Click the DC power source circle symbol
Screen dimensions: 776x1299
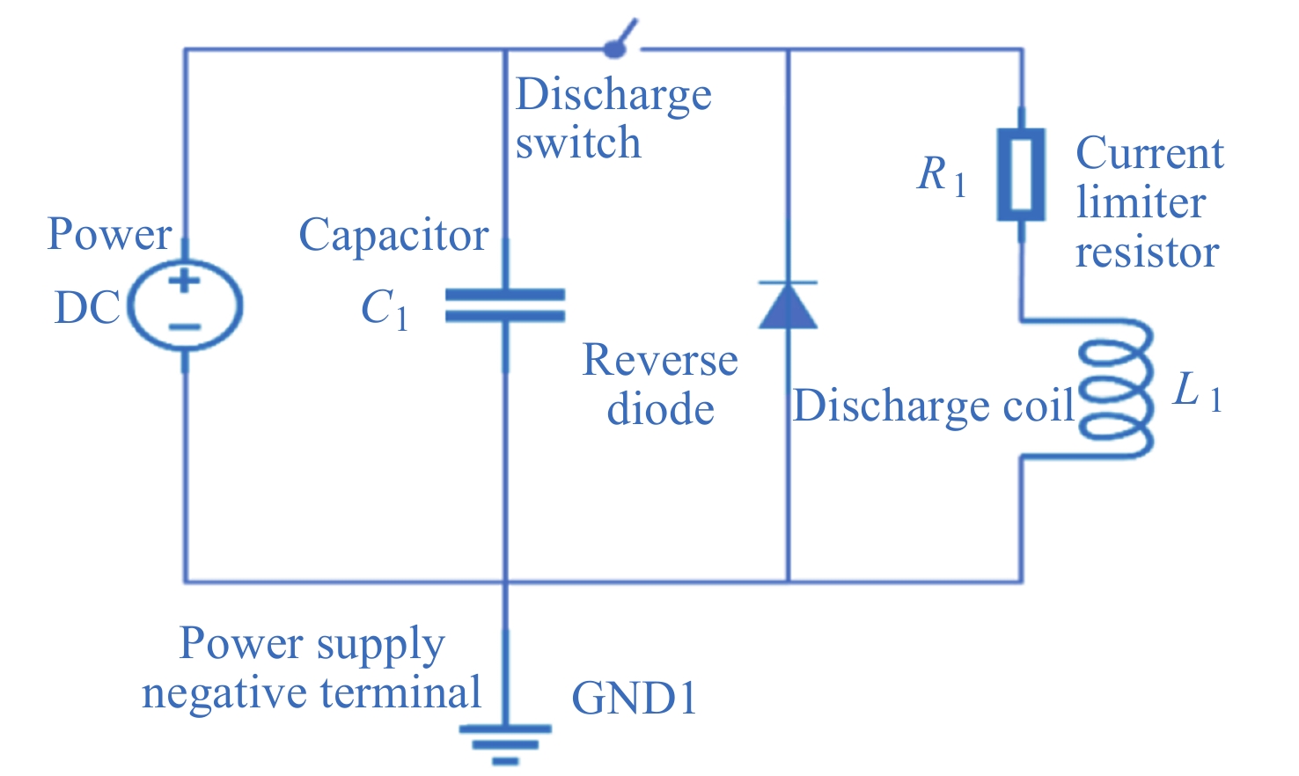185,305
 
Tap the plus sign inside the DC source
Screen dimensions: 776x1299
185,282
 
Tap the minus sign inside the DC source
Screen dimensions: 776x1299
185,327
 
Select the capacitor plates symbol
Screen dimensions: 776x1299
505,305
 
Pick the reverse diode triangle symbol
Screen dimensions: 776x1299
788,305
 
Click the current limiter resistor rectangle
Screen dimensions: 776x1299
1021,174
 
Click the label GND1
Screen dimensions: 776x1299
634,699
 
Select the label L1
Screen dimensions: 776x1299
1198,391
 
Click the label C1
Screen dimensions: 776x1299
385,311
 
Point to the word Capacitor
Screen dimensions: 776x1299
393,235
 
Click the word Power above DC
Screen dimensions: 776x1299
109,234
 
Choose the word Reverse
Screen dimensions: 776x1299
660,360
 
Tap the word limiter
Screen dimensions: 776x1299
1141,203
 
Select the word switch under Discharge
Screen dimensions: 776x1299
578,143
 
